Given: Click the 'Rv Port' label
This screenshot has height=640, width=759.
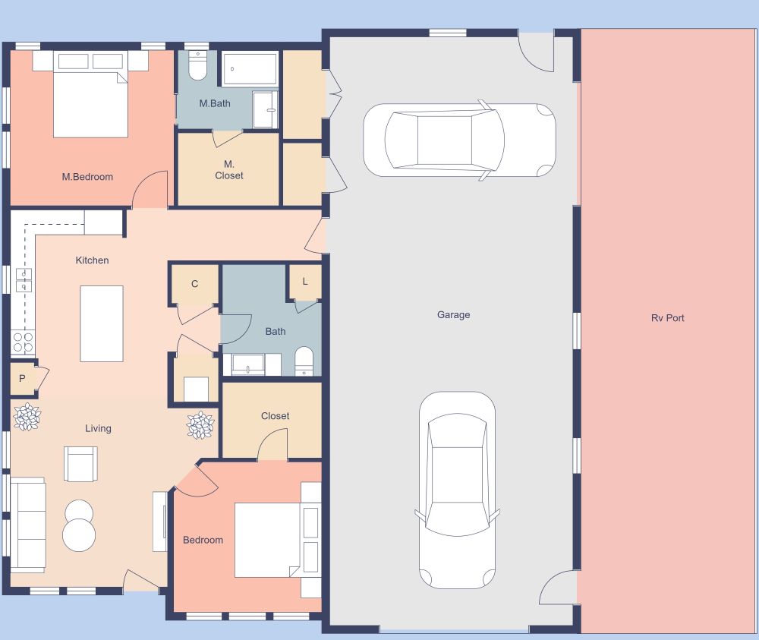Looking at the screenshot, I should click(667, 318).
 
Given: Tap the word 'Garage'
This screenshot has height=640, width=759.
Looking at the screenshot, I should click(453, 314).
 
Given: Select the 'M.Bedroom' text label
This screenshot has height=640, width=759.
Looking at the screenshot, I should click(87, 177).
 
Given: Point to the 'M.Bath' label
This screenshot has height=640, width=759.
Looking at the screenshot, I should click(215, 103).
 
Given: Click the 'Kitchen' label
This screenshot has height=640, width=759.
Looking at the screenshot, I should click(92, 260).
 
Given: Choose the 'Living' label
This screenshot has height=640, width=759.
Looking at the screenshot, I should click(98, 428).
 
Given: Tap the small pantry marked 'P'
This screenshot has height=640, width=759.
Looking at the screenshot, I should click(22, 378).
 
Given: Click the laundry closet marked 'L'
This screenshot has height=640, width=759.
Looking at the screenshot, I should click(305, 282).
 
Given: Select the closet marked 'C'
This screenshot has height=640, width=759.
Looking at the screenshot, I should click(194, 284).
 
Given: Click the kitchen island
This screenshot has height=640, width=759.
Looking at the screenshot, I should click(102, 323).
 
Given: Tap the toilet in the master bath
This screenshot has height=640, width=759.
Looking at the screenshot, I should click(197, 66).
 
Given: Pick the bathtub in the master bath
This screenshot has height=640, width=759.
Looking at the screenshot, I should click(250, 69).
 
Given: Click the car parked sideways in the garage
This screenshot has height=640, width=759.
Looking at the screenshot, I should click(458, 140).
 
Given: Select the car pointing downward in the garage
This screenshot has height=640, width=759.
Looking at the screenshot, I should click(457, 490).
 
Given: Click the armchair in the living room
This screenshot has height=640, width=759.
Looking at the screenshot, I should click(80, 463).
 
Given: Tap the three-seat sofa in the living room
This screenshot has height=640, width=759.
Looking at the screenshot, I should click(27, 525).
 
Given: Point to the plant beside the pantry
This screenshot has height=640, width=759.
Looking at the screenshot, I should click(27, 417).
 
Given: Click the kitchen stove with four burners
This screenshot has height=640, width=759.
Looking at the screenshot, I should click(23, 342).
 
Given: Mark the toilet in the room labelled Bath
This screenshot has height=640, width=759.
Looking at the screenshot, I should click(304, 361).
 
